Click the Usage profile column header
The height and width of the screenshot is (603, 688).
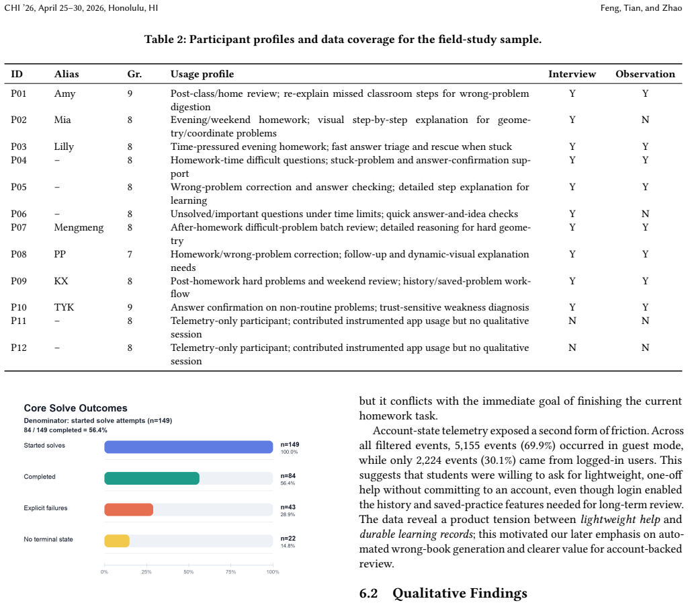(x=202, y=74)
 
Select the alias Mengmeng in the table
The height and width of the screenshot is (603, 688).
(x=79, y=228)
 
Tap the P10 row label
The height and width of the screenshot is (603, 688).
(x=18, y=307)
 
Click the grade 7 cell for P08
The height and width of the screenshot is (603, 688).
(x=130, y=254)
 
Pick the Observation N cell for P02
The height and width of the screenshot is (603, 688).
(x=645, y=120)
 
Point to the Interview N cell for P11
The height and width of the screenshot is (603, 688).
(x=572, y=321)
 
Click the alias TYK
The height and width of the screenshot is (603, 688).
(x=64, y=307)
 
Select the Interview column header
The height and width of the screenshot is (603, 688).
(x=572, y=74)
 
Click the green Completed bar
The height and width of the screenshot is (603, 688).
(x=152, y=479)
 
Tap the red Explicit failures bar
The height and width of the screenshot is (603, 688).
(x=128, y=510)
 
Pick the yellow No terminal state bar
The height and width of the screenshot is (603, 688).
(x=117, y=540)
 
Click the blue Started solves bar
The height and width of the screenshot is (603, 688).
(x=189, y=447)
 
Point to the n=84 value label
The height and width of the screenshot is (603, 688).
(x=288, y=476)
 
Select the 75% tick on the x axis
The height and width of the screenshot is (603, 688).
(x=231, y=572)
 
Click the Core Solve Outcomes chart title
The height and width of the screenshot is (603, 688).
(x=75, y=408)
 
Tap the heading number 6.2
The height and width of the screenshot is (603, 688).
(x=369, y=594)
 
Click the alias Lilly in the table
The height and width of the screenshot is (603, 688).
(x=64, y=147)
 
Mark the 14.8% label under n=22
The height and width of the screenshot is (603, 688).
(x=288, y=546)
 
